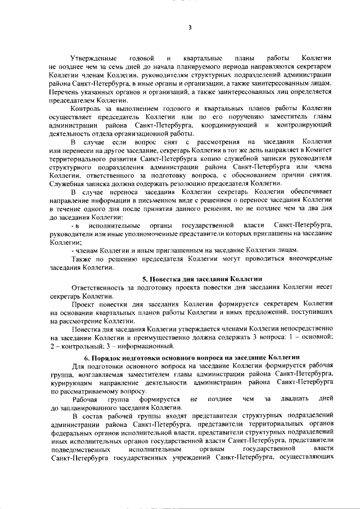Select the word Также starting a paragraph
(x=82, y=258)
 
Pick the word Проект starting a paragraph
(x=83, y=303)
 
